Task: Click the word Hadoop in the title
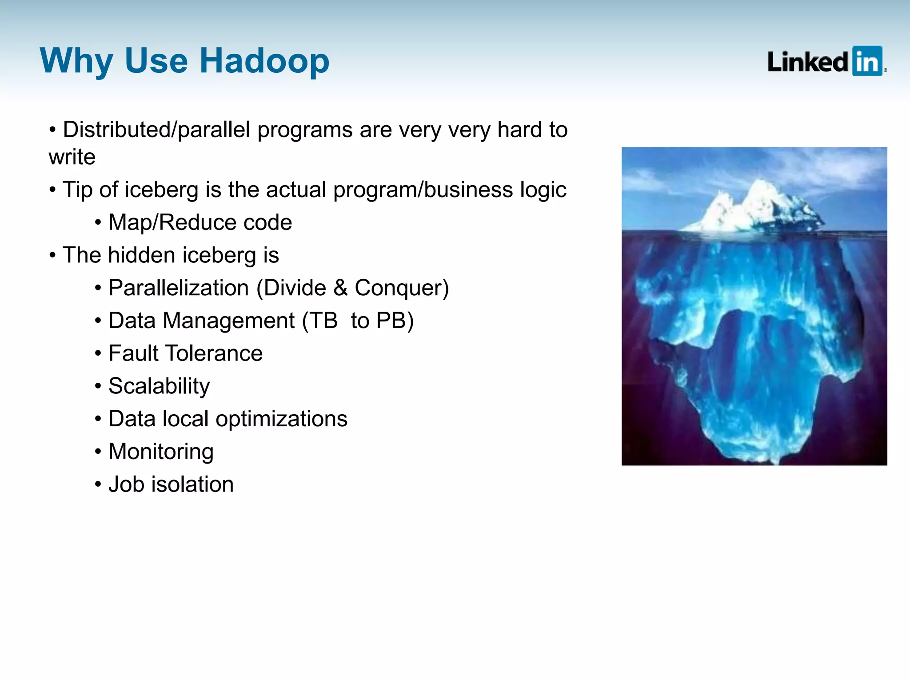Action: (264, 61)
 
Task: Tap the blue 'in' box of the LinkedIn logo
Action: (867, 61)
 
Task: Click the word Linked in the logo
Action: (808, 62)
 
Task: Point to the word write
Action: (72, 157)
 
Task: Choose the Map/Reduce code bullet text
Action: (200, 222)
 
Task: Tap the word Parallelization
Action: (178, 288)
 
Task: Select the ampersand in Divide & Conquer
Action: (340, 288)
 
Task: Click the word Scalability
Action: (159, 386)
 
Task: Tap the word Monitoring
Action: (161, 452)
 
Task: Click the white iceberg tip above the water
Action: (755, 209)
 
